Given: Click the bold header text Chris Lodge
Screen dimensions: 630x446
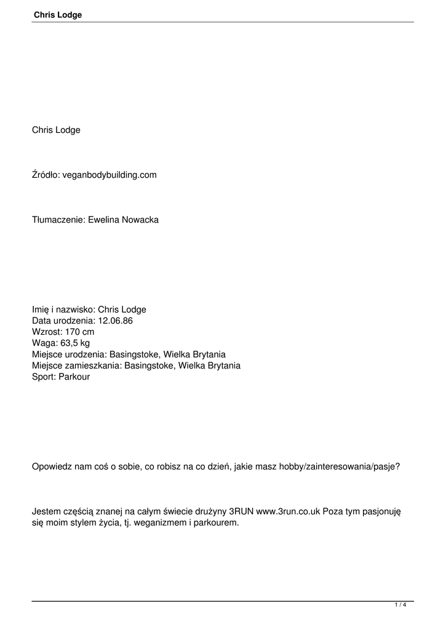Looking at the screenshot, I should click(58, 15).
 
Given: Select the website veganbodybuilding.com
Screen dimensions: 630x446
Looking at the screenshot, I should click(110, 175).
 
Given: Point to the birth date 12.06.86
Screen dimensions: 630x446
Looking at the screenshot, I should click(116, 321).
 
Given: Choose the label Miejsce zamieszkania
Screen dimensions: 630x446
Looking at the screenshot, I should click(76, 365).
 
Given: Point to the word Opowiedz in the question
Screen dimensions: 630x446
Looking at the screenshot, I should click(51, 467).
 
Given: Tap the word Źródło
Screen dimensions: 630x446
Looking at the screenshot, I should click(46, 175).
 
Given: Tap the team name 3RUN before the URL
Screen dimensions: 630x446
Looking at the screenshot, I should click(241, 511).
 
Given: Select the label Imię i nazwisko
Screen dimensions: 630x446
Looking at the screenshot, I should click(62, 309).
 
